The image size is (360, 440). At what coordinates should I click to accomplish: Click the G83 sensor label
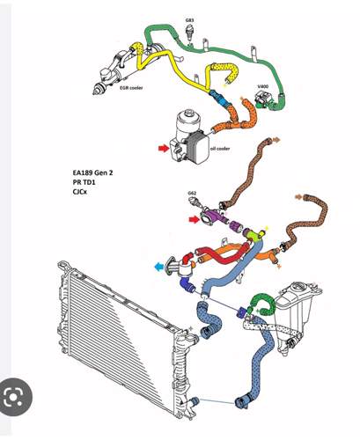pos(189,20)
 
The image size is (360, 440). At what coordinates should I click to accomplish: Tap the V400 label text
pos(262,86)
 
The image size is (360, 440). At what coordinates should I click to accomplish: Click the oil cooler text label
pos(220,149)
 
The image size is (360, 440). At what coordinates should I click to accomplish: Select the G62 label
pos(192,193)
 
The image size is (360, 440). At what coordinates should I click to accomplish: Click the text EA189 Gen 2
pos(92,172)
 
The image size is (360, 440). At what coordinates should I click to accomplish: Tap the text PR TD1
pos(84,182)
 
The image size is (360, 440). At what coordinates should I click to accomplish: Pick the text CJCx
pos(80,192)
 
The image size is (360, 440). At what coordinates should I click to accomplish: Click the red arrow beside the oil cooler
pos(164,149)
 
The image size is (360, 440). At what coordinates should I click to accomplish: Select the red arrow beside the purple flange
pos(195,219)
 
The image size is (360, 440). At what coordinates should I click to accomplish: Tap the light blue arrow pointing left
pos(159,267)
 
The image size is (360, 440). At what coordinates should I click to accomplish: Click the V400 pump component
pos(262,99)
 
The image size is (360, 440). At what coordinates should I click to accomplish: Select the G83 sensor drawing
pos(189,33)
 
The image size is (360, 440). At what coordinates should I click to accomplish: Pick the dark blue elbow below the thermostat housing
pos(187,284)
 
